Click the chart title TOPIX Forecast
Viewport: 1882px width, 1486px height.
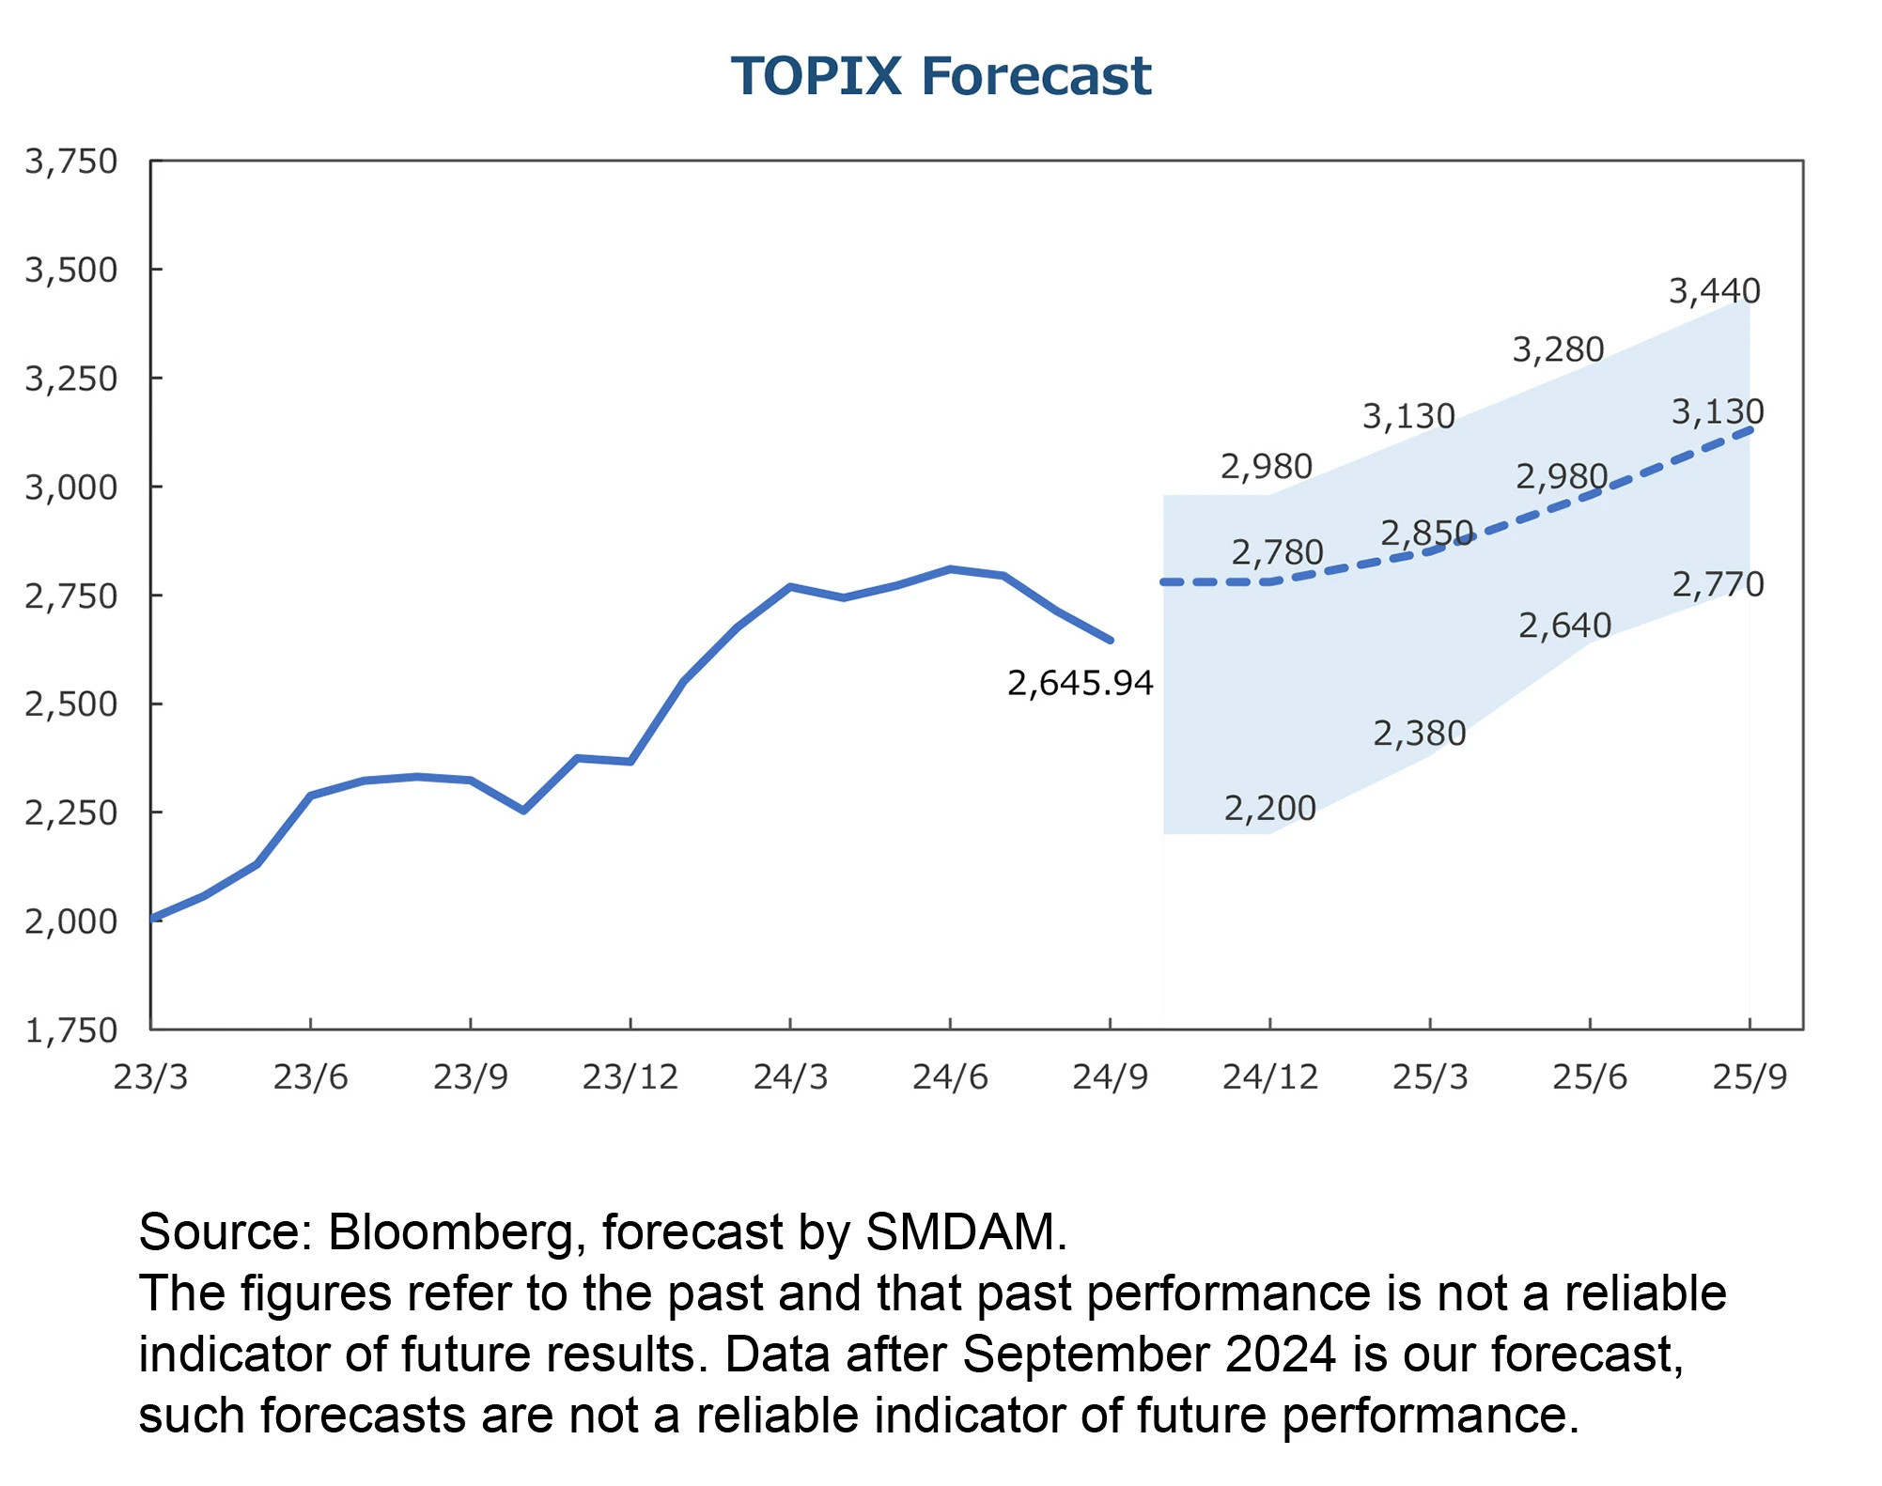tap(941, 76)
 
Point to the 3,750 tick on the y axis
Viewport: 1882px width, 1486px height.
tap(71, 162)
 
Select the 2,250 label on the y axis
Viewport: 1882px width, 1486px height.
tap(71, 813)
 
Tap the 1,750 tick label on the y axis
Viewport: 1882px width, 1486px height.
tap(71, 1030)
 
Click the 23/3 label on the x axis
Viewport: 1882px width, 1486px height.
tap(150, 1076)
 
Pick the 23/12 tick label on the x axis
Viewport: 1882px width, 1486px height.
tap(630, 1076)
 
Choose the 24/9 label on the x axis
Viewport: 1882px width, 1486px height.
tap(1110, 1076)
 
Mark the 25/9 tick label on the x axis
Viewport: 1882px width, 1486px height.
tap(1749, 1076)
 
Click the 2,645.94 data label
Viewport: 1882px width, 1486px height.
tap(1080, 683)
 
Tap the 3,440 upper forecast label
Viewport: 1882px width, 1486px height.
tap(1714, 291)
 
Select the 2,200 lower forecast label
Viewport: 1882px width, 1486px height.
tap(1269, 808)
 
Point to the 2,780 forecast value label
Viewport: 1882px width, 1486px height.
tap(1277, 552)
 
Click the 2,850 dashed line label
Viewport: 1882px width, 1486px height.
tap(1426, 534)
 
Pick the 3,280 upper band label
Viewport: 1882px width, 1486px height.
tap(1557, 349)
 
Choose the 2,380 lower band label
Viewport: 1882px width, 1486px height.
tap(1419, 733)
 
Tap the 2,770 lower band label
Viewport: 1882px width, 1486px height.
tap(1718, 584)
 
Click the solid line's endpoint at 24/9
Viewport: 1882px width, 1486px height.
tap(1111, 641)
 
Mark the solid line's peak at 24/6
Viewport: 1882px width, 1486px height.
tap(951, 569)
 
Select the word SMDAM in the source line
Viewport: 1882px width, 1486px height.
tap(965, 1231)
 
